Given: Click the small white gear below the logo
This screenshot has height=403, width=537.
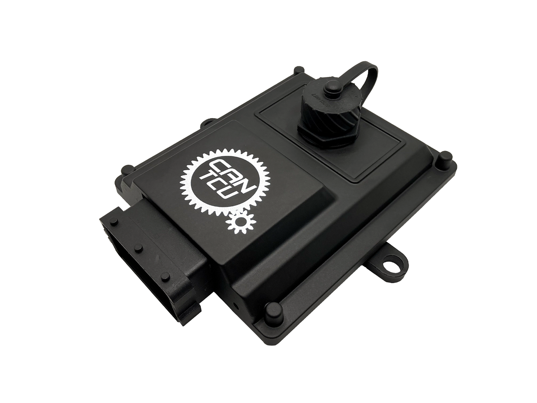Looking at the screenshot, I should [239, 222].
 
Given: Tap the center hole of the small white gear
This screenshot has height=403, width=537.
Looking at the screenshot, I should [239, 222].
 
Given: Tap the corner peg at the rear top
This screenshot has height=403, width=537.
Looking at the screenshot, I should [297, 71].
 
